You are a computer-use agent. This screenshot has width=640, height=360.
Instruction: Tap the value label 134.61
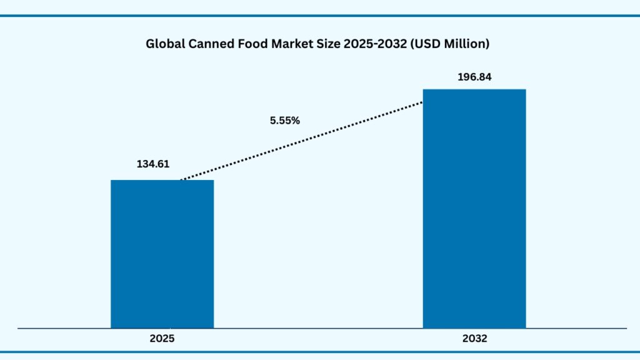pos(153,164)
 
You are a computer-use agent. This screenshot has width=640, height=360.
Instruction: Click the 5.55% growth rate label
pos(285,121)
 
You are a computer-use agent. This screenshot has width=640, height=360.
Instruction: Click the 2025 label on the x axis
pos(162,339)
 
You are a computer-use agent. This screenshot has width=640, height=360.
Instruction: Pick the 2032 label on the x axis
pos(474,339)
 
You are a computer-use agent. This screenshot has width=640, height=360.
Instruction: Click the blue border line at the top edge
pos(320,16)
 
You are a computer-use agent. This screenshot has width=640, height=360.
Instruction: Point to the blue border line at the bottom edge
pos(320,351)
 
